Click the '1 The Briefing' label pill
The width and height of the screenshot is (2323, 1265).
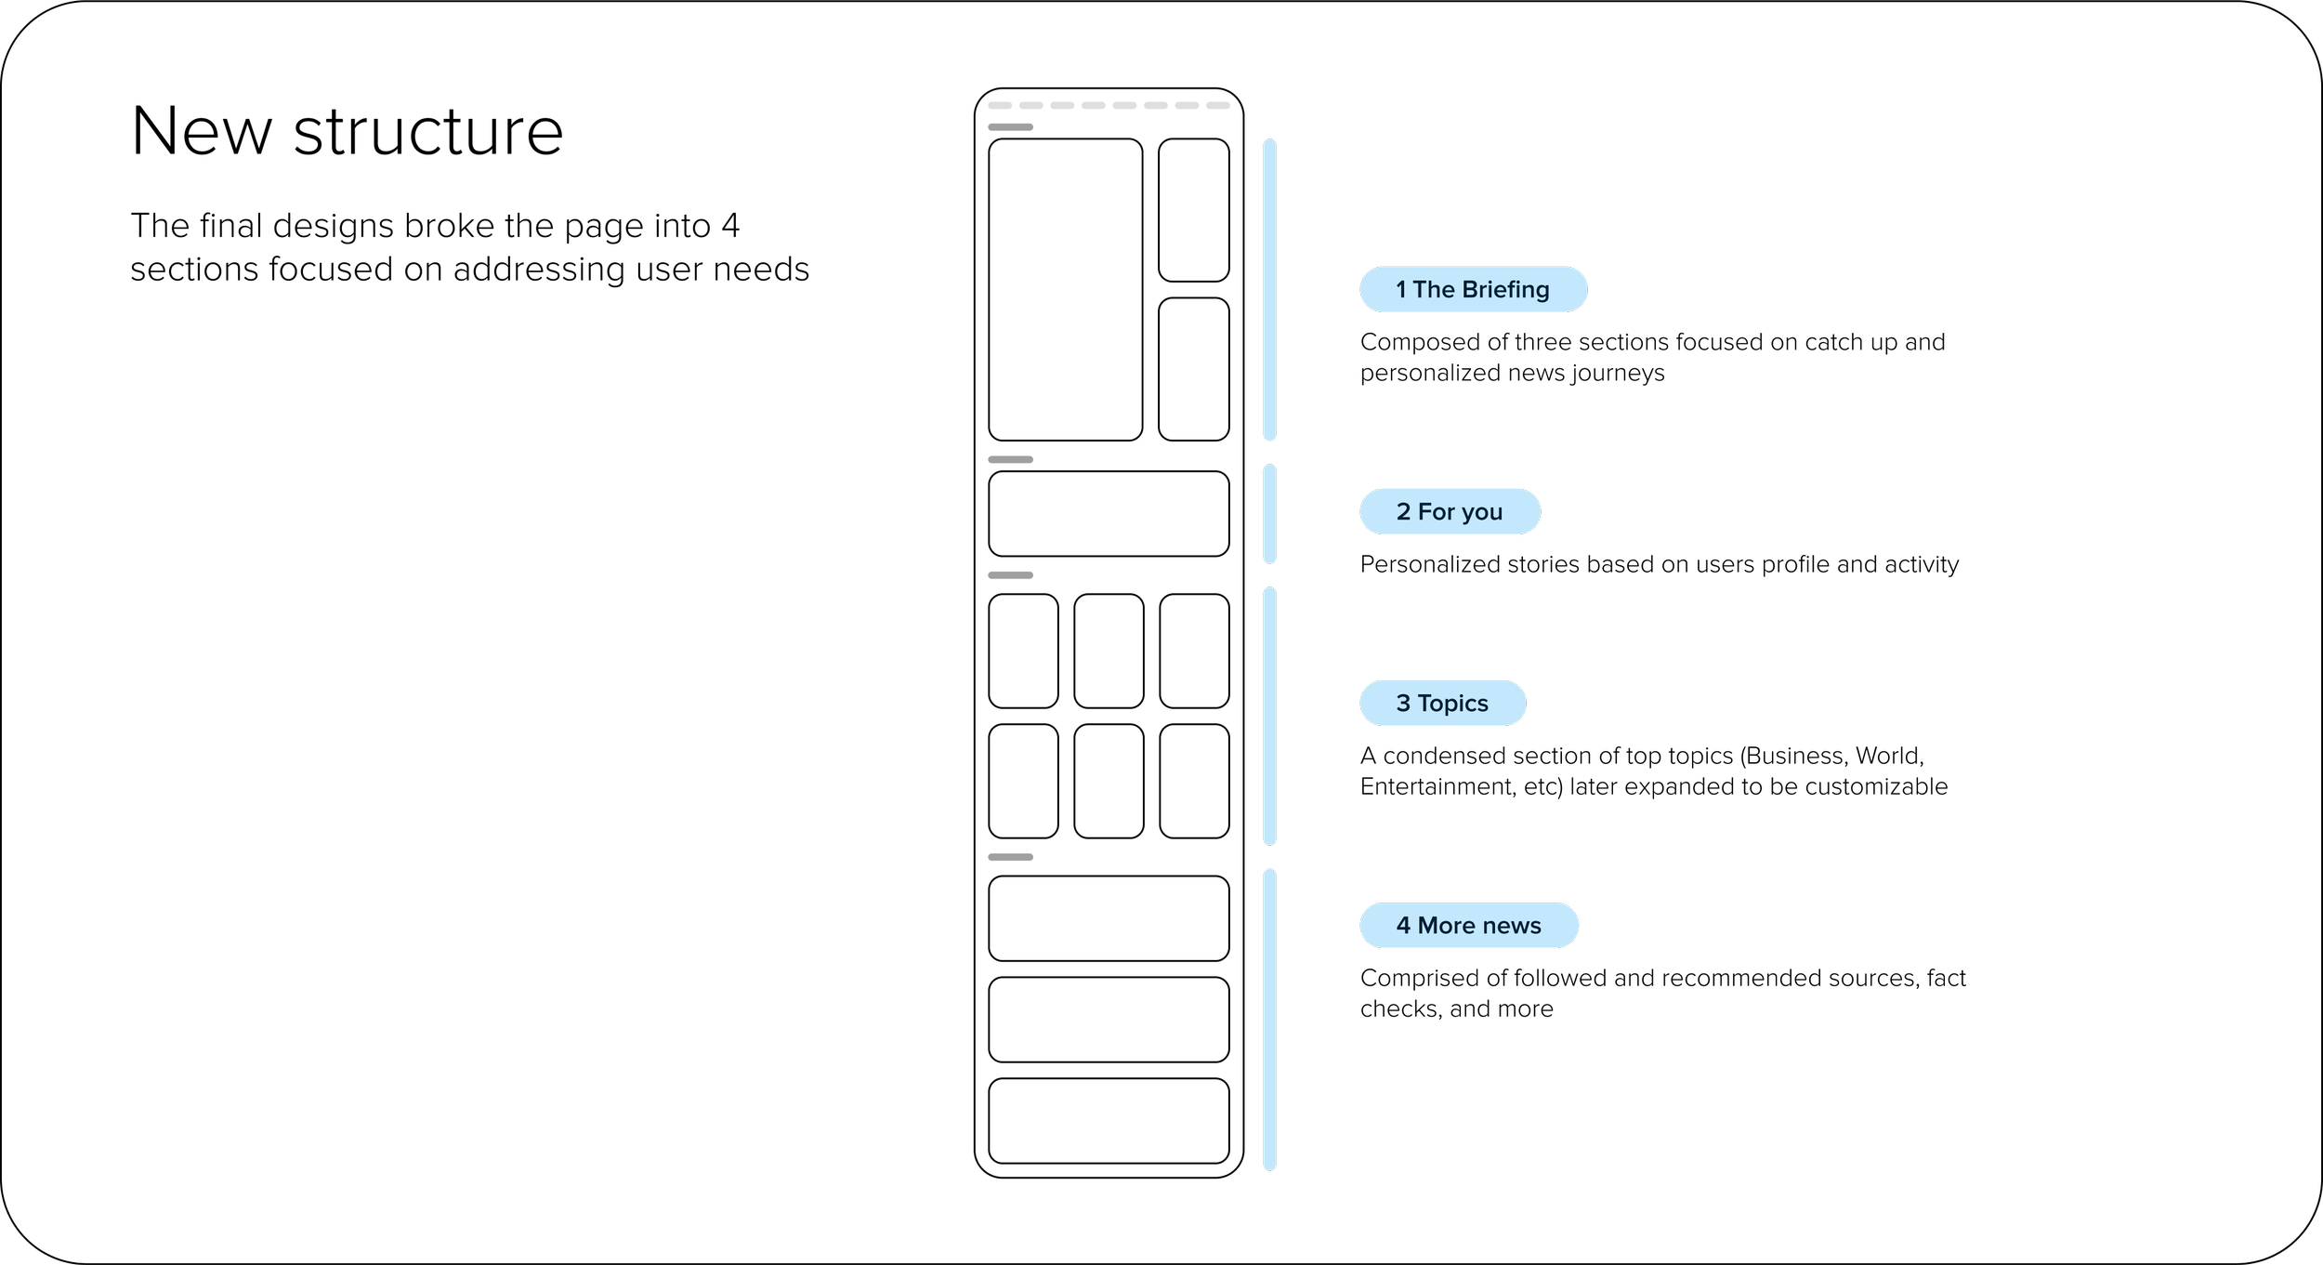tap(1473, 289)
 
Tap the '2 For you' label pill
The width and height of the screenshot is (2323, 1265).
tap(1450, 511)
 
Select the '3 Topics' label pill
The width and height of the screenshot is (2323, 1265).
tap(1442, 703)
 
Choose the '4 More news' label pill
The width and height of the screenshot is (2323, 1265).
tap(1468, 925)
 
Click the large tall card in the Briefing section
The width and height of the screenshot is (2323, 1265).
tap(1065, 289)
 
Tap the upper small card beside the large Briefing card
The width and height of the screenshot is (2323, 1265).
tap(1193, 210)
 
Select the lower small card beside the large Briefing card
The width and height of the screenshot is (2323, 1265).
tap(1193, 369)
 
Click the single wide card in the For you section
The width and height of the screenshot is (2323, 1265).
tap(1109, 514)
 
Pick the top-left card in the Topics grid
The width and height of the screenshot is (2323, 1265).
tap(1023, 651)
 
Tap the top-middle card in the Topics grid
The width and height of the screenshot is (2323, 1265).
tap(1109, 651)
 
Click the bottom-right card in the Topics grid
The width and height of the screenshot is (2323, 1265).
tap(1194, 781)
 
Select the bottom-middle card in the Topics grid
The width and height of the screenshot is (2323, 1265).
tap(1109, 781)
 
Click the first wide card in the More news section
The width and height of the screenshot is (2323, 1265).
tap(1109, 918)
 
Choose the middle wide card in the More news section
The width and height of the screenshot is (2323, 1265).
tap(1109, 1020)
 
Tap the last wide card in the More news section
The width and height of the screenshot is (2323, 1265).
tap(1109, 1121)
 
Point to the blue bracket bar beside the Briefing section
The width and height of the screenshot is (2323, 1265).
tap(1269, 289)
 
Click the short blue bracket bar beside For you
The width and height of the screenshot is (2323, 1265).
tap(1269, 514)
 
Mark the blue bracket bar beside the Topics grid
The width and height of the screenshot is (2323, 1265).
tap(1269, 716)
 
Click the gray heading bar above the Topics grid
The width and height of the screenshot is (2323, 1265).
tap(1010, 575)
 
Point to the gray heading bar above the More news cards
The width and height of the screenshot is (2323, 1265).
tap(1010, 857)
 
